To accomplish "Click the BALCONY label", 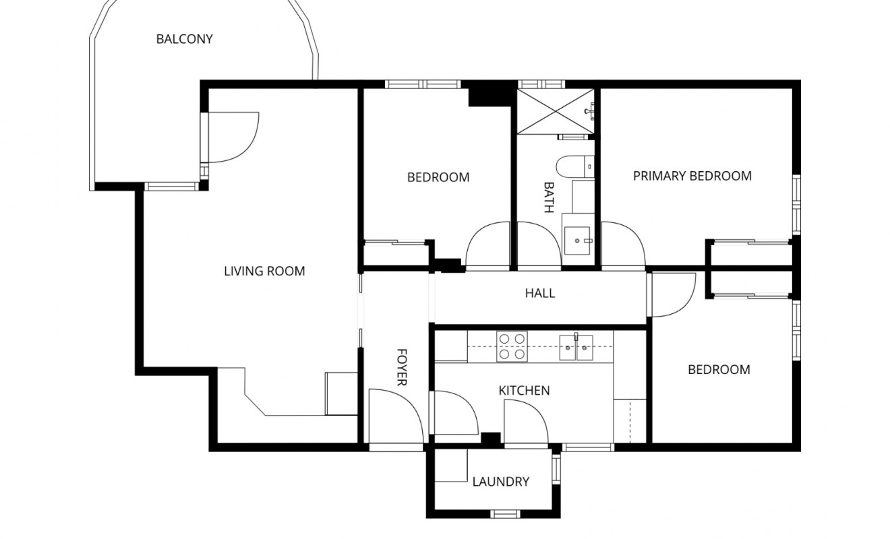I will pos(184,39).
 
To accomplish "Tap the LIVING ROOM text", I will pos(264,272).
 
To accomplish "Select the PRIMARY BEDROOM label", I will pos(692,177).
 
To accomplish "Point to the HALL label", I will pos(539,293).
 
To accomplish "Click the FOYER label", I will pos(401,367).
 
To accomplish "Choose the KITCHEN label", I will pos(524,391).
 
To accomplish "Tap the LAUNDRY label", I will pos(500,482).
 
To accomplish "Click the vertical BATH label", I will pos(548,197).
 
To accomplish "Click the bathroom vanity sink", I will pos(578,240).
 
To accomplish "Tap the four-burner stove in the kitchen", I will pos(512,346).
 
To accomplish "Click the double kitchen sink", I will pos(576,348).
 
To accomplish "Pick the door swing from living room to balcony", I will pos(231,137).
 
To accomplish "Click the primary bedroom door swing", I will pos(622,245).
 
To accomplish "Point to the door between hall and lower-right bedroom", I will pos(672,295).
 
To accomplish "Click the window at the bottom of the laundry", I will pos(505,514).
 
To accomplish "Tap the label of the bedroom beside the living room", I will pos(438,178).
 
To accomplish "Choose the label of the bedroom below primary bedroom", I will pos(718,370).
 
